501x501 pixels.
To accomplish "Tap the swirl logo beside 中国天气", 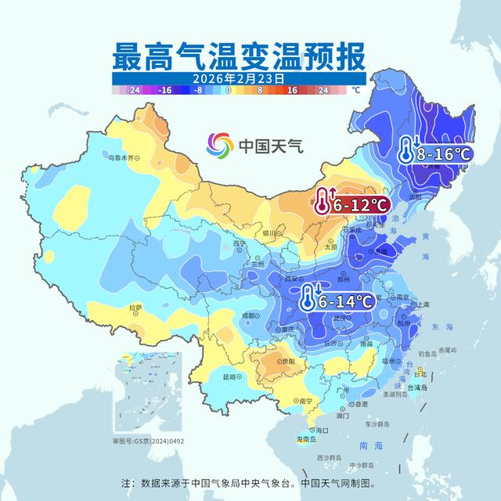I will pos(220,145).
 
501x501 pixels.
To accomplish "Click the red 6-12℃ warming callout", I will pos(352,204).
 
